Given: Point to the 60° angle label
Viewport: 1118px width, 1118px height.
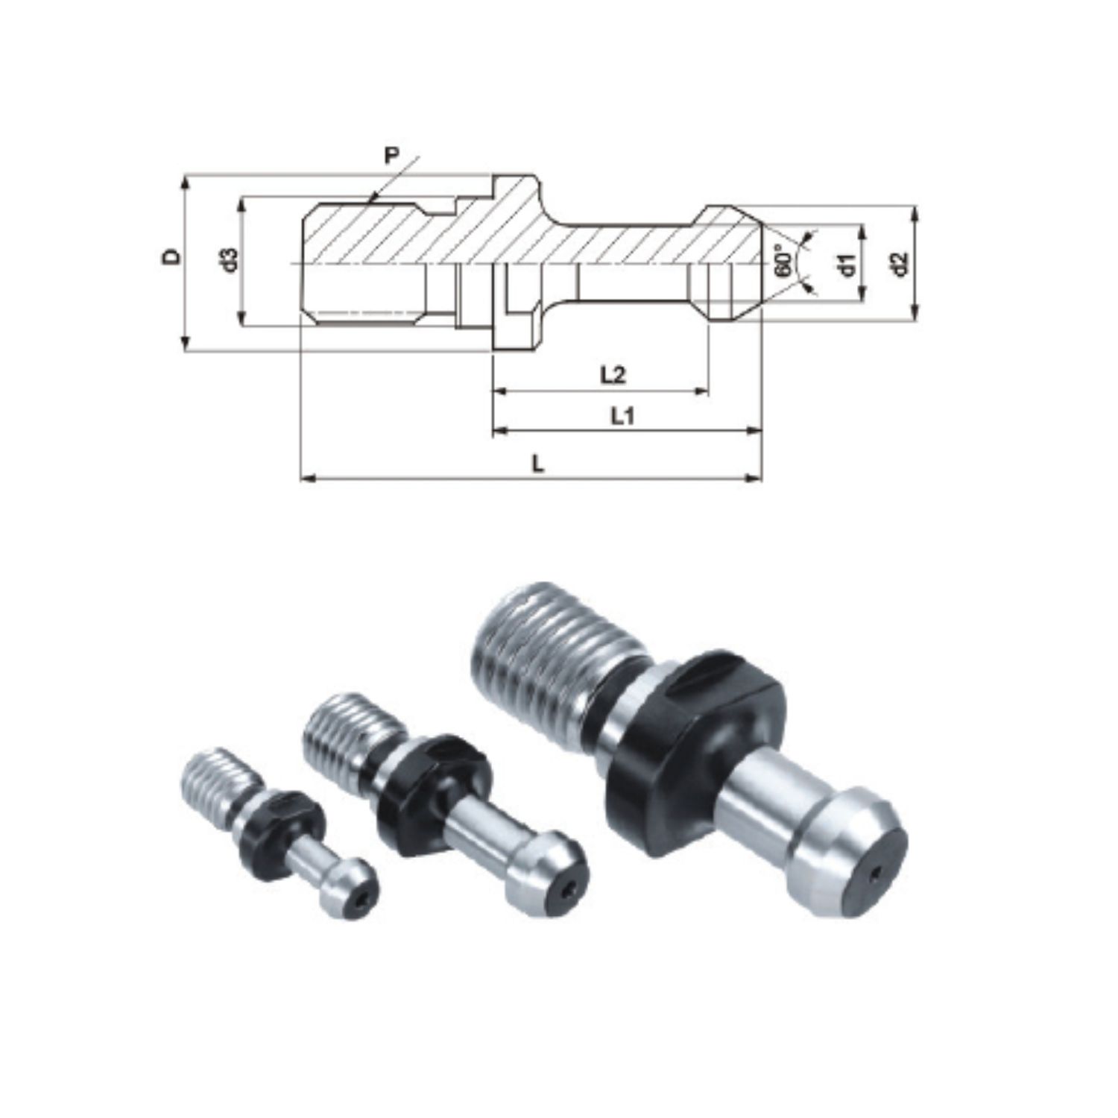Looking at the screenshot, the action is click(x=783, y=261).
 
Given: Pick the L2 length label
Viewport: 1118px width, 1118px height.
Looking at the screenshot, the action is click(x=613, y=375).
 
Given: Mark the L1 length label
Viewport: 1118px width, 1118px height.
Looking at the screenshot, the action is click(x=622, y=417).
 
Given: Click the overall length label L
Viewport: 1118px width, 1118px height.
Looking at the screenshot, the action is click(x=538, y=464).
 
